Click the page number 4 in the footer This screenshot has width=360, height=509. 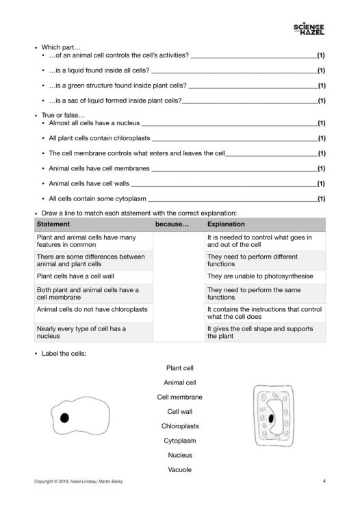pyautogui.click(x=324, y=482)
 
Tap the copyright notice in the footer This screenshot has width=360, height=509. pyautogui.click(x=80, y=482)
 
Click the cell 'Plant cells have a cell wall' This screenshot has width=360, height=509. pyautogui.click(x=73, y=276)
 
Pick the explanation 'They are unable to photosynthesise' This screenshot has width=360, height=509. pyautogui.click(x=259, y=276)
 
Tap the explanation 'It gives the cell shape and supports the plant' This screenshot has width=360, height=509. pyautogui.click(x=259, y=332)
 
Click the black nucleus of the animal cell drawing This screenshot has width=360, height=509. pyautogui.click(x=65, y=417)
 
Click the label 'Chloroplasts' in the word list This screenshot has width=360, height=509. pyautogui.click(x=179, y=426)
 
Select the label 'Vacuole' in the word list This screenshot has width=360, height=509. pyautogui.click(x=179, y=470)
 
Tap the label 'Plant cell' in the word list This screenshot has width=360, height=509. pyautogui.click(x=179, y=367)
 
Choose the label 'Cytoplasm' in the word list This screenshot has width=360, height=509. pyautogui.click(x=179, y=440)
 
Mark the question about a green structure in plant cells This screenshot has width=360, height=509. pyautogui.click(x=117, y=87)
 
